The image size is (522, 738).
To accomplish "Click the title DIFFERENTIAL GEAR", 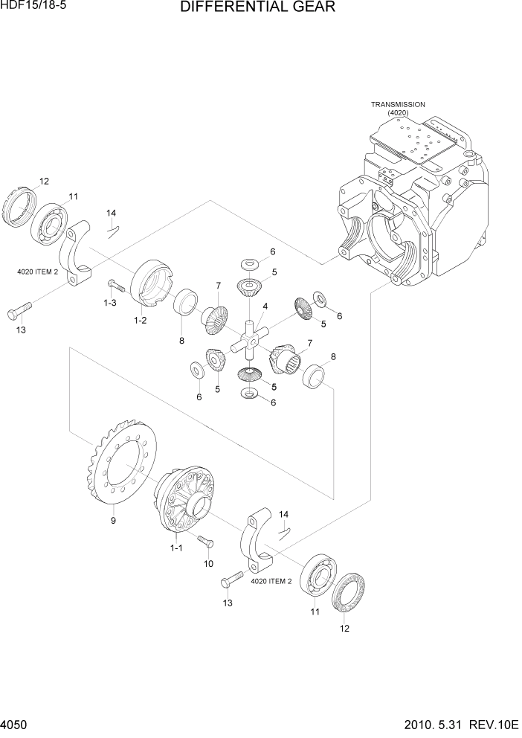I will [x=257, y=8].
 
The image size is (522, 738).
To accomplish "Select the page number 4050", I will [x=16, y=725].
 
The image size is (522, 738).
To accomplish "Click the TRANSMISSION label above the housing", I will [x=398, y=105].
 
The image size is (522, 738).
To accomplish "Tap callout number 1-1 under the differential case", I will [x=176, y=548].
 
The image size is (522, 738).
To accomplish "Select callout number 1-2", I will [x=140, y=320].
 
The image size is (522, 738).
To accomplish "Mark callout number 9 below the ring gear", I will [x=113, y=521].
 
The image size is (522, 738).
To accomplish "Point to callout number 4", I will [x=265, y=307].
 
